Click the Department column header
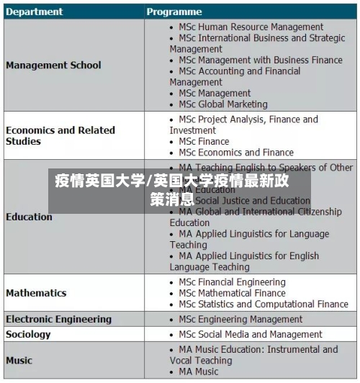pos(35,12)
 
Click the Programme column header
pos(175,12)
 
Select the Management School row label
pos(53,66)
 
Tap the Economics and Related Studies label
pos(60,135)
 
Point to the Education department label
pos(29,217)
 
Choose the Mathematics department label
pos(36,293)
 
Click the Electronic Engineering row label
pos(58,319)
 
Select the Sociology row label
pos(28,334)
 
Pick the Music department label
pos(19,360)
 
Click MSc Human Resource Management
pos(241,27)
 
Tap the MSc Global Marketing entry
pos(222,104)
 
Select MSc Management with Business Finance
pos(261,60)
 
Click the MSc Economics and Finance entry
pos(236,153)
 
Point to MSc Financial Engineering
pos(232,282)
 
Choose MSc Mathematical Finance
pos(232,293)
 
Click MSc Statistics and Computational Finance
pos(263,305)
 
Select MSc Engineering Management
pos(240,319)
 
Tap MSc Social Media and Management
pos(251,334)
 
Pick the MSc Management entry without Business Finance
pos(215,94)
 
